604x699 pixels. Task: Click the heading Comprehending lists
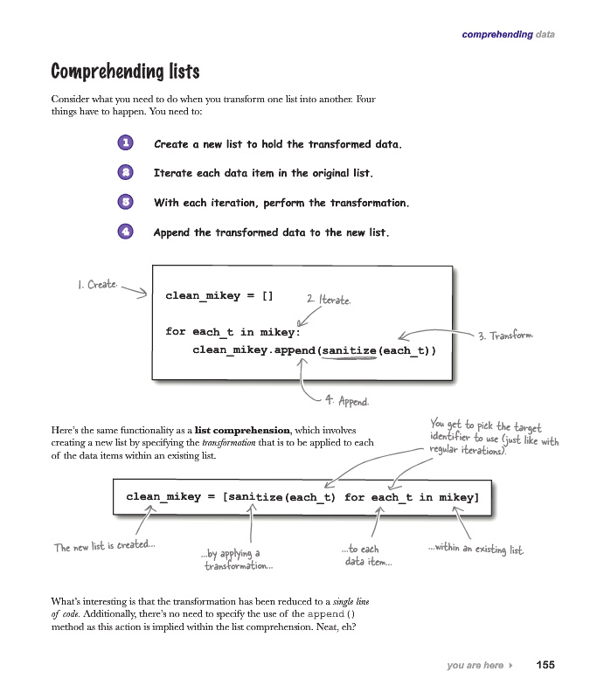pos(125,71)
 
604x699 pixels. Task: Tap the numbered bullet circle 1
pos(126,143)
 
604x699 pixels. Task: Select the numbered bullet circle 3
pos(126,203)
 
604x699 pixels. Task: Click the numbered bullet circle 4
pos(126,232)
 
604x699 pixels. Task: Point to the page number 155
pos(545,665)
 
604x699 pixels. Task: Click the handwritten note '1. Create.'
pos(97,285)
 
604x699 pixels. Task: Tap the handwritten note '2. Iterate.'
pos(329,300)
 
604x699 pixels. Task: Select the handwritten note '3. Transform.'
pos(506,336)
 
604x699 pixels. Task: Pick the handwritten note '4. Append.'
pos(347,401)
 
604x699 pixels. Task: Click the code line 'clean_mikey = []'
pos(219,295)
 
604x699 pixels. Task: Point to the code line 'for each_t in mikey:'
pos(233,332)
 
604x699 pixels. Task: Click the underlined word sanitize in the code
pos(348,350)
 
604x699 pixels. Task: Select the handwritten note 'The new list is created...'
pos(105,546)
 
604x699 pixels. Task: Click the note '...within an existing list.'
pos(476,549)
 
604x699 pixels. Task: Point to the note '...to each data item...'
pos(367,556)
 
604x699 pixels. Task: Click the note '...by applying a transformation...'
pos(237,559)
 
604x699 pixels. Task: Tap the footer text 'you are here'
pos(475,666)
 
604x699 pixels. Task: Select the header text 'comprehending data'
pos(508,35)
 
